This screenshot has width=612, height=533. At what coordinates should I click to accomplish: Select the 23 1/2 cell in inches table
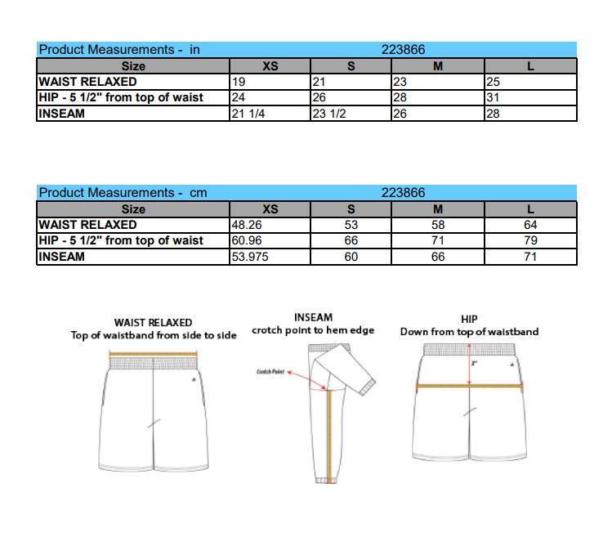(329, 114)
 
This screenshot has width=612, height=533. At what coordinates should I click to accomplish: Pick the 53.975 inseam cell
(251, 257)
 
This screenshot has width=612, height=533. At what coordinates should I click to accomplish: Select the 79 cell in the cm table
(531, 240)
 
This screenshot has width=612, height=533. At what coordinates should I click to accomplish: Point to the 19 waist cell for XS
(239, 82)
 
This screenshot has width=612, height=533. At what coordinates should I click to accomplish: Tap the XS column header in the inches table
(270, 66)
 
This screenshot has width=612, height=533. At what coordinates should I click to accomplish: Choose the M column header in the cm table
(437, 209)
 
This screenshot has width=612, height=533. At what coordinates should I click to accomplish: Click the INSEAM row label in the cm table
(61, 257)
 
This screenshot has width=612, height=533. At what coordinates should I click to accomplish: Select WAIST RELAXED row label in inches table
(87, 82)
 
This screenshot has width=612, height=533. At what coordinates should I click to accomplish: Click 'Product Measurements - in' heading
(119, 50)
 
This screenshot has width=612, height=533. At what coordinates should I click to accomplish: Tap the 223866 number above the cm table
(404, 193)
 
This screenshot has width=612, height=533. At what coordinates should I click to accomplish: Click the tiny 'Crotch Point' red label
(270, 372)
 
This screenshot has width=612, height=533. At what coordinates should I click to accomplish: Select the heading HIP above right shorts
(469, 319)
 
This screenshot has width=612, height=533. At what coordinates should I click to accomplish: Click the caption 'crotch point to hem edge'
(313, 330)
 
